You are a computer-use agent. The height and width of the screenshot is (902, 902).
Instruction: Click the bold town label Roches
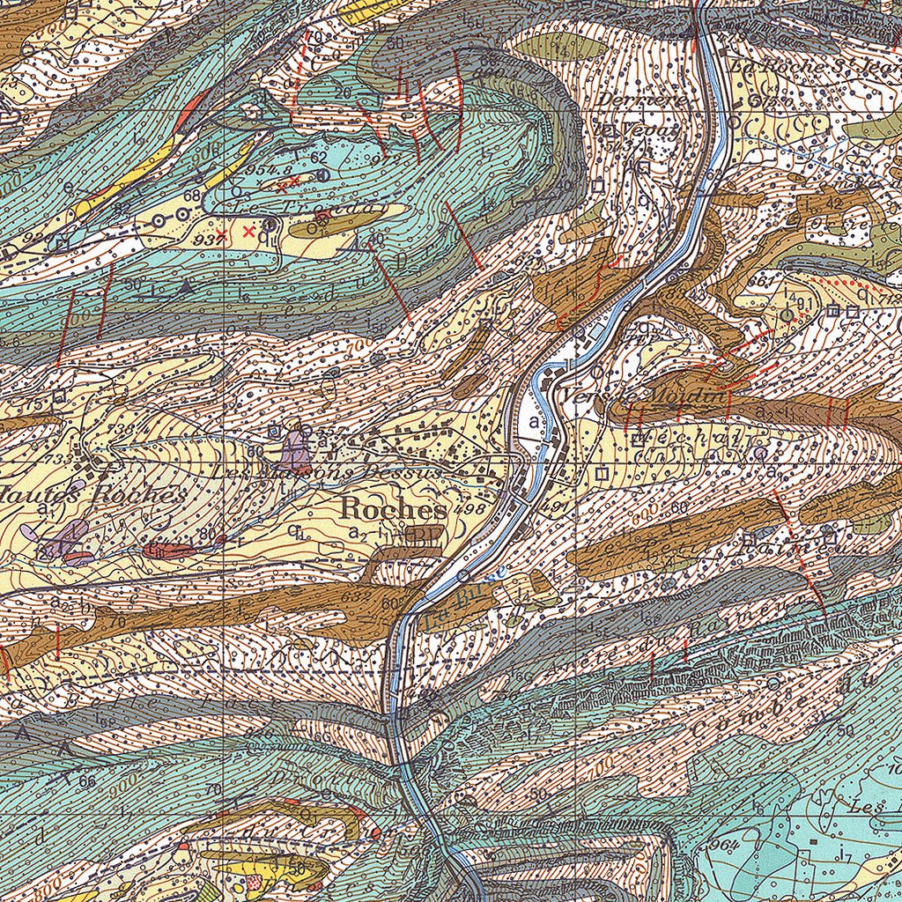393,510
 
